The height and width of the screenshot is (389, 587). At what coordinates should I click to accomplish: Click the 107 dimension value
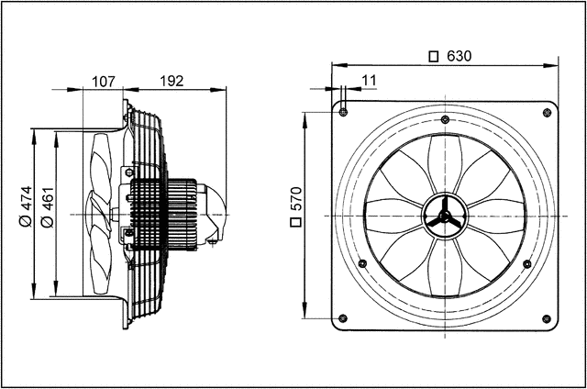tap(105, 81)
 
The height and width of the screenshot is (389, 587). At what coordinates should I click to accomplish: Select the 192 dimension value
tap(172, 81)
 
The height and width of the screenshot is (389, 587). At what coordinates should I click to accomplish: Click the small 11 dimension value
tap(370, 81)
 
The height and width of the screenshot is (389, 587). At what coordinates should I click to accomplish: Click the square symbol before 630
tap(434, 56)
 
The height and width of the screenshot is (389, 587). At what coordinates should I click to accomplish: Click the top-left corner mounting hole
tap(343, 112)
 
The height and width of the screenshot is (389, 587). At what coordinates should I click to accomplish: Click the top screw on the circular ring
tap(445, 120)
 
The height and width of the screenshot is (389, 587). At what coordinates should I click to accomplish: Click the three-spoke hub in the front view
tap(445, 216)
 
